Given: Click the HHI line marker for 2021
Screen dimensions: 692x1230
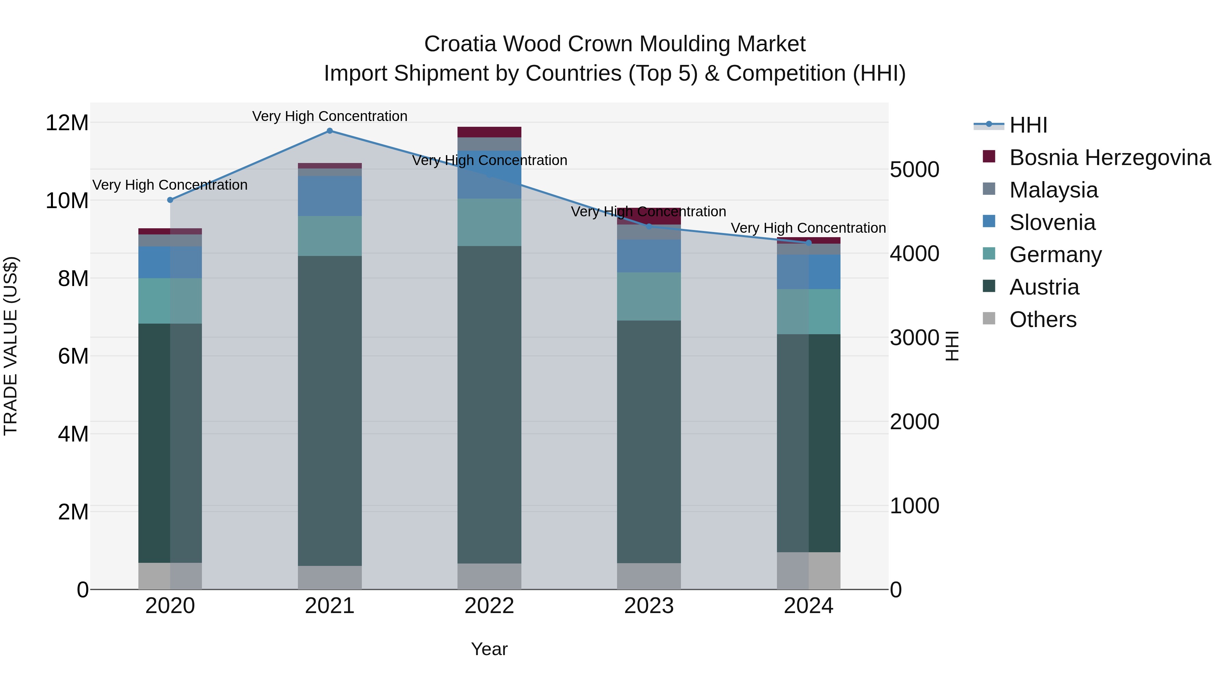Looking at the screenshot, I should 329,131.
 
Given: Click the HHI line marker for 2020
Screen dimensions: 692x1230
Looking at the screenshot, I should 170,200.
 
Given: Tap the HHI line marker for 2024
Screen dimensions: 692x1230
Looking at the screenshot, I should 808,243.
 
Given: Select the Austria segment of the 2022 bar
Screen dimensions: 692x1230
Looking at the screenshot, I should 489,405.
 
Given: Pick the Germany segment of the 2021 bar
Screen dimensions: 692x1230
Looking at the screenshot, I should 329,236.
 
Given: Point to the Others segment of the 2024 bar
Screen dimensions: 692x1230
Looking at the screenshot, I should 808,571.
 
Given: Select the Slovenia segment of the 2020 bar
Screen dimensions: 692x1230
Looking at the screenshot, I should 170,262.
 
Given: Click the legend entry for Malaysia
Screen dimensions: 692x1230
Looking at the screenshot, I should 1053,190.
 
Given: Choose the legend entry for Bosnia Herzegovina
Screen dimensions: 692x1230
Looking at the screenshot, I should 1109,158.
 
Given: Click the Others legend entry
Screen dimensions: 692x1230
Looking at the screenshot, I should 1042,320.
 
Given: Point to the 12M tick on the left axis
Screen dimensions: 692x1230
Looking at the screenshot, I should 67,123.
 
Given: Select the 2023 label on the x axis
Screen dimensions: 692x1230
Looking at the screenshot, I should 648,606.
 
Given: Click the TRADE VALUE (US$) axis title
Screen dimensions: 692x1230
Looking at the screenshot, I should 11,346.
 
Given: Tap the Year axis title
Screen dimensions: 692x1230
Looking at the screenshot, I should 489,649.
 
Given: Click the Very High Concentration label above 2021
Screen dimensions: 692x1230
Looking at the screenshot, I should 329,116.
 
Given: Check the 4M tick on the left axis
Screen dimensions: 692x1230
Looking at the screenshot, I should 72,434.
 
